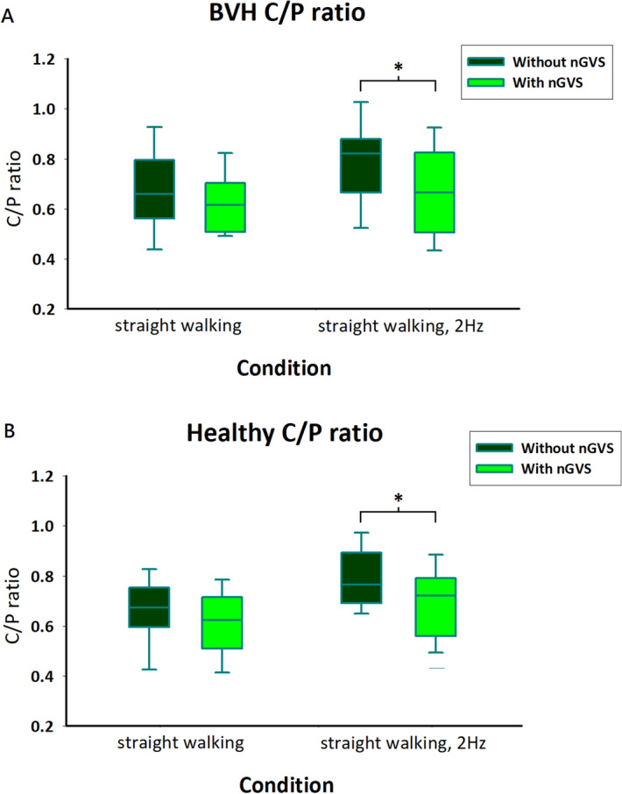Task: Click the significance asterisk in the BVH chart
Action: pyautogui.click(x=398, y=69)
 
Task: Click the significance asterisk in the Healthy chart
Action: pyautogui.click(x=398, y=500)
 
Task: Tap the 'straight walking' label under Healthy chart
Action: pyautogui.click(x=178, y=743)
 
